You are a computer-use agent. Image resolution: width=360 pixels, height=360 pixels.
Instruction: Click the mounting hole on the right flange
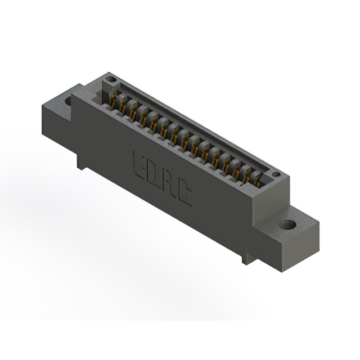pyautogui.click(x=287, y=225)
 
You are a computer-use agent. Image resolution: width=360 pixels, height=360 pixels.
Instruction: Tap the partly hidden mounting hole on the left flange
pyautogui.click(x=68, y=101)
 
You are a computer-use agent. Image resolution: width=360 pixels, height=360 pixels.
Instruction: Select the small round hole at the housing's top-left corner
pyautogui.click(x=111, y=79)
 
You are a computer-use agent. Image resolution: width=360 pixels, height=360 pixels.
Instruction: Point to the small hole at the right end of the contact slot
pyautogui.click(x=276, y=174)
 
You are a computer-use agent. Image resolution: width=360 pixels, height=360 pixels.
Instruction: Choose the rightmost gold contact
pyautogui.click(x=256, y=181)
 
